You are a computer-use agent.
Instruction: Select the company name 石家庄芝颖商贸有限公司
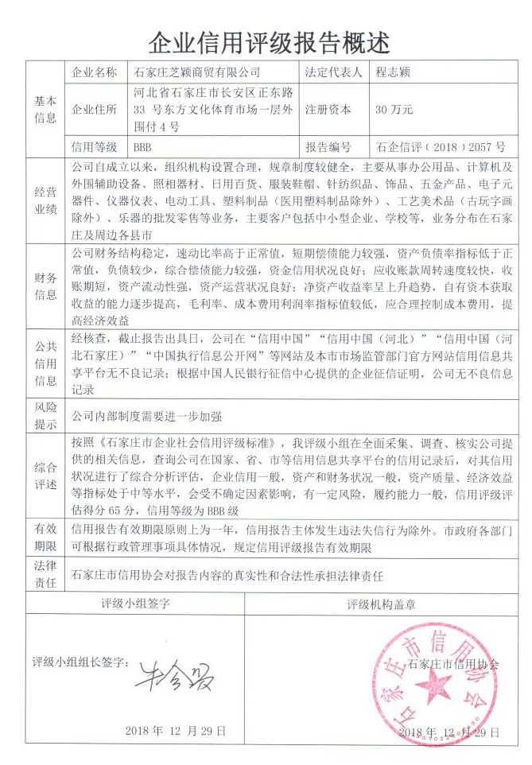[x=199, y=72]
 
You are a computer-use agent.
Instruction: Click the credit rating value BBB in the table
[x=142, y=147]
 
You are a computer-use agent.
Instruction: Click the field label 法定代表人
[x=333, y=72]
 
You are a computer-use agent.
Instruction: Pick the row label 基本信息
[x=45, y=110]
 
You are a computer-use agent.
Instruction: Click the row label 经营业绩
[x=45, y=202]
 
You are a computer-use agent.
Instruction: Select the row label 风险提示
[x=45, y=416]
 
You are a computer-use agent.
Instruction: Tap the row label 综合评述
[x=45, y=475]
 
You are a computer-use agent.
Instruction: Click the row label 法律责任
[x=45, y=573]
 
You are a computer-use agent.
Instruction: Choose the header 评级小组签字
[x=135, y=604]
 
